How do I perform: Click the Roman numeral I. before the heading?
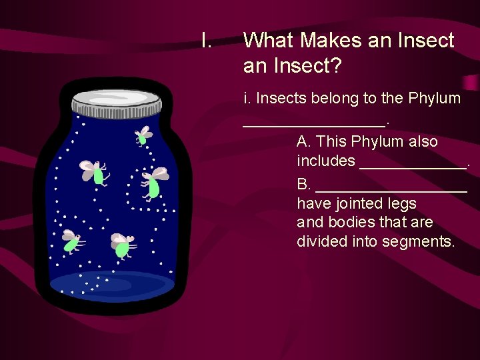point(207,41)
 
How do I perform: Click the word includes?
point(326,161)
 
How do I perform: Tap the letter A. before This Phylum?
point(304,142)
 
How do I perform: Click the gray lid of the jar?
point(117,101)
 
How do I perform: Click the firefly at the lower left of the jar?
point(71,241)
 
